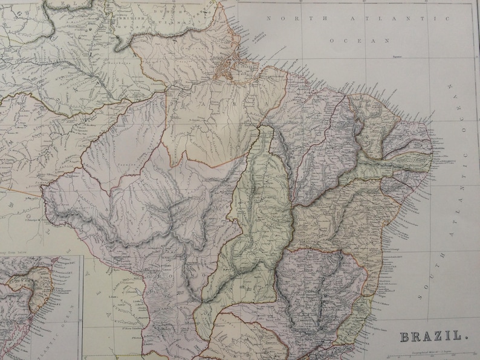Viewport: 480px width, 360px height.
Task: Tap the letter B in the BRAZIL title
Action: coord(403,335)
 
